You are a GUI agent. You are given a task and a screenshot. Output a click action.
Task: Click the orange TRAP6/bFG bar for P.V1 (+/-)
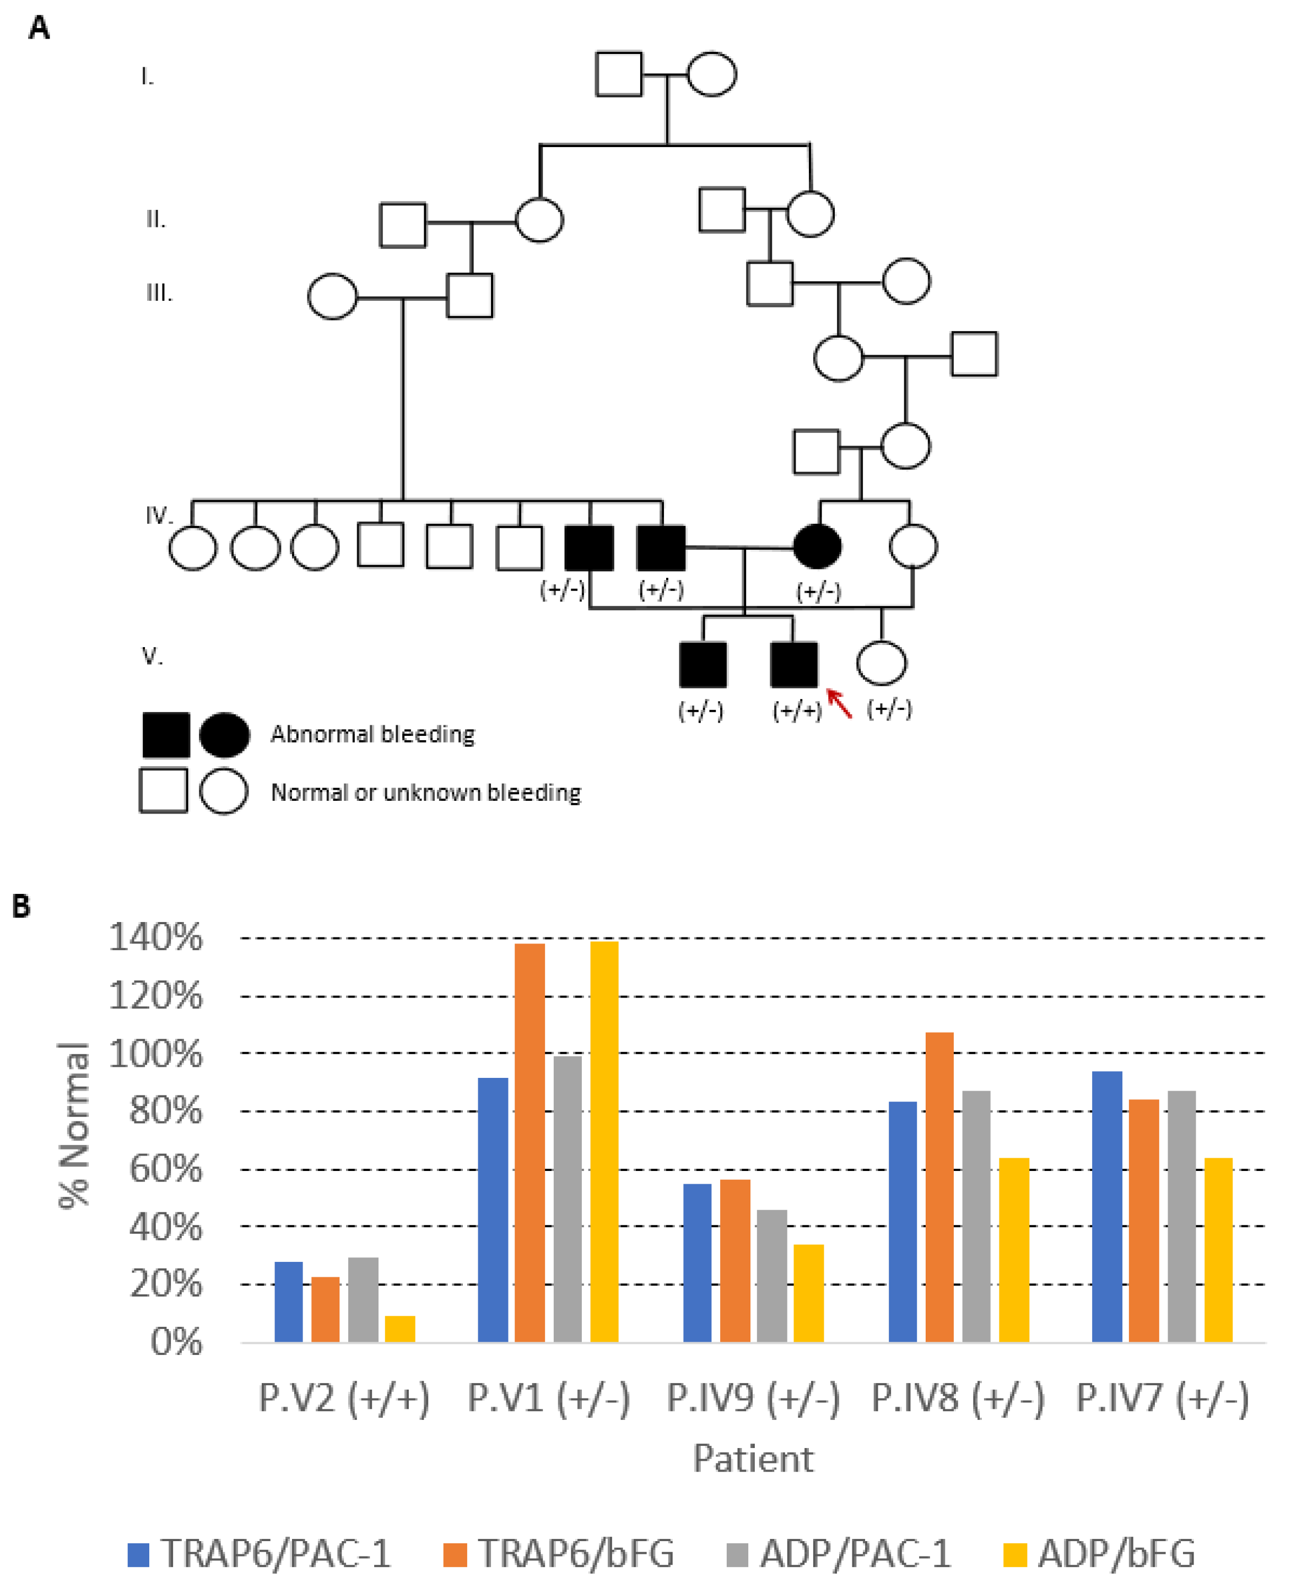pyautogui.click(x=530, y=1143)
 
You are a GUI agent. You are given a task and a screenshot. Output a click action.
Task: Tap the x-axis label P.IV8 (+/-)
pyautogui.click(x=958, y=1399)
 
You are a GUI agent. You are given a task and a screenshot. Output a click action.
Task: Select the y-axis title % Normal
pyautogui.click(x=74, y=1125)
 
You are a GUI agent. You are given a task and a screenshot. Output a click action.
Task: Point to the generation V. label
pyautogui.click(x=152, y=656)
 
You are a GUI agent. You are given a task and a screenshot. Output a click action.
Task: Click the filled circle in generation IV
pyautogui.click(x=817, y=546)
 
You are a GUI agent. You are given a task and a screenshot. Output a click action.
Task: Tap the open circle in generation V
pyautogui.click(x=881, y=663)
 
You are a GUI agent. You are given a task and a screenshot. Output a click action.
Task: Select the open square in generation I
pyautogui.click(x=619, y=74)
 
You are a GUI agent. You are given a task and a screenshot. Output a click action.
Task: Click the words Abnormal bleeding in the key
pyautogui.click(x=373, y=734)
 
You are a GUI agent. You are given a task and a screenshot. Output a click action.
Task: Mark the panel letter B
pyautogui.click(x=21, y=907)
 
